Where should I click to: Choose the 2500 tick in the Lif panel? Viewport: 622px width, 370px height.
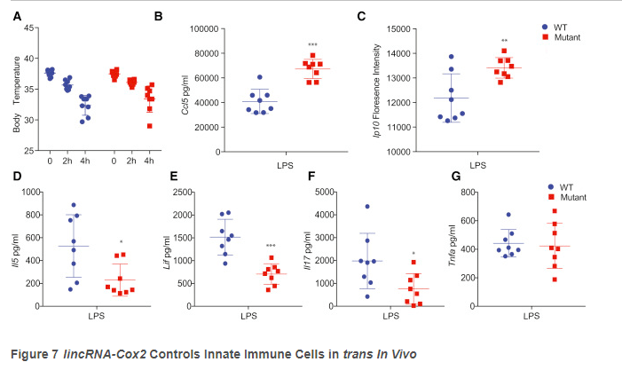click(x=195, y=193)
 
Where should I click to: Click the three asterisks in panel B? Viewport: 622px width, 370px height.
click(x=312, y=45)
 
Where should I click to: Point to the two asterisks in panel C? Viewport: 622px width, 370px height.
click(x=504, y=42)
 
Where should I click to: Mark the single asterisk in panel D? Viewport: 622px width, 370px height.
click(x=121, y=242)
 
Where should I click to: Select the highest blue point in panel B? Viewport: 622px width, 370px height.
click(x=260, y=77)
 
